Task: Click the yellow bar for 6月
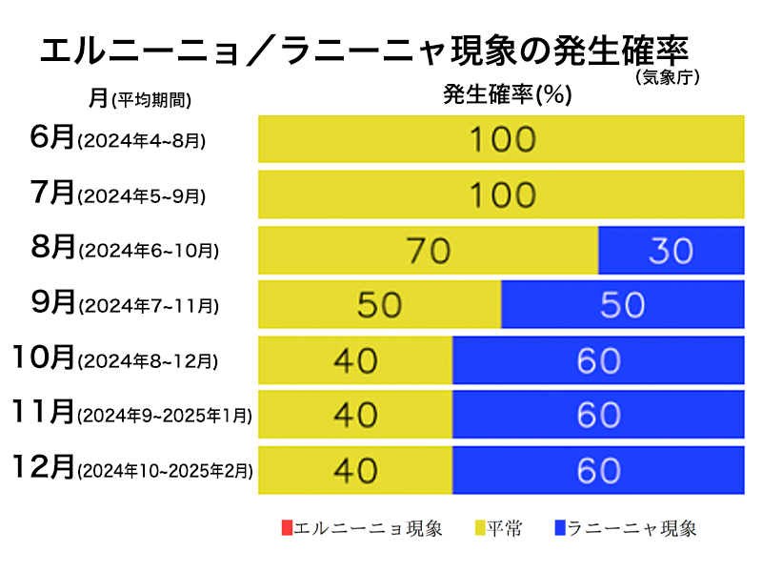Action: point(501,139)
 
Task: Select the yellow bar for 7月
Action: point(501,194)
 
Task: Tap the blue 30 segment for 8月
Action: point(671,250)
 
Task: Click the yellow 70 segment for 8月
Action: point(429,250)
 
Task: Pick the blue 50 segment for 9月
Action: point(622,304)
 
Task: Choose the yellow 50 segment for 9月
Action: point(380,304)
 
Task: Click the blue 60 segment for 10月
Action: point(597,359)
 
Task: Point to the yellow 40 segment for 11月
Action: point(355,414)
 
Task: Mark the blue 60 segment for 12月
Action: point(597,469)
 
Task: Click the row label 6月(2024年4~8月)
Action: point(118,139)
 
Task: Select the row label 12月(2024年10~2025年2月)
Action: point(133,469)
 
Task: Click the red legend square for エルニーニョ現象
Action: point(287,527)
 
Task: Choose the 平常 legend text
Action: point(505,528)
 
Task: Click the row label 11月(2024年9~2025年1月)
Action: point(133,414)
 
